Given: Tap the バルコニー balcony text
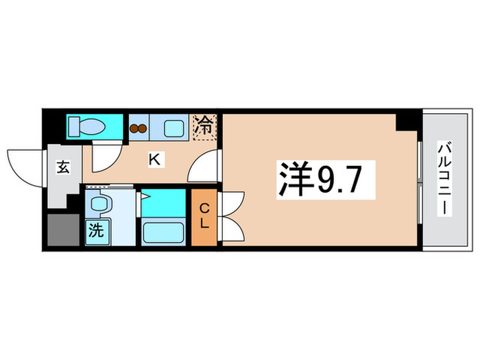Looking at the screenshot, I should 444,180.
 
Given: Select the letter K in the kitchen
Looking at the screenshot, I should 156,160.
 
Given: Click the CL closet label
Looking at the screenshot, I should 204,216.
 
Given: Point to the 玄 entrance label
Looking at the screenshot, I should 62,167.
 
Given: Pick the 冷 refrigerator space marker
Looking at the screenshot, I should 204,125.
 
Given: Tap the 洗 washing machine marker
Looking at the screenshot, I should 97,230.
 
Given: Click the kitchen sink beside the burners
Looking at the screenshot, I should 171,127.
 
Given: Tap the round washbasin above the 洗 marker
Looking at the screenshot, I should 100,204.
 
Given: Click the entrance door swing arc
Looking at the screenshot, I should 26,165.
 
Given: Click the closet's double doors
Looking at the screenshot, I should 232,216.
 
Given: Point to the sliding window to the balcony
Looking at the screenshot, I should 419,180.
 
